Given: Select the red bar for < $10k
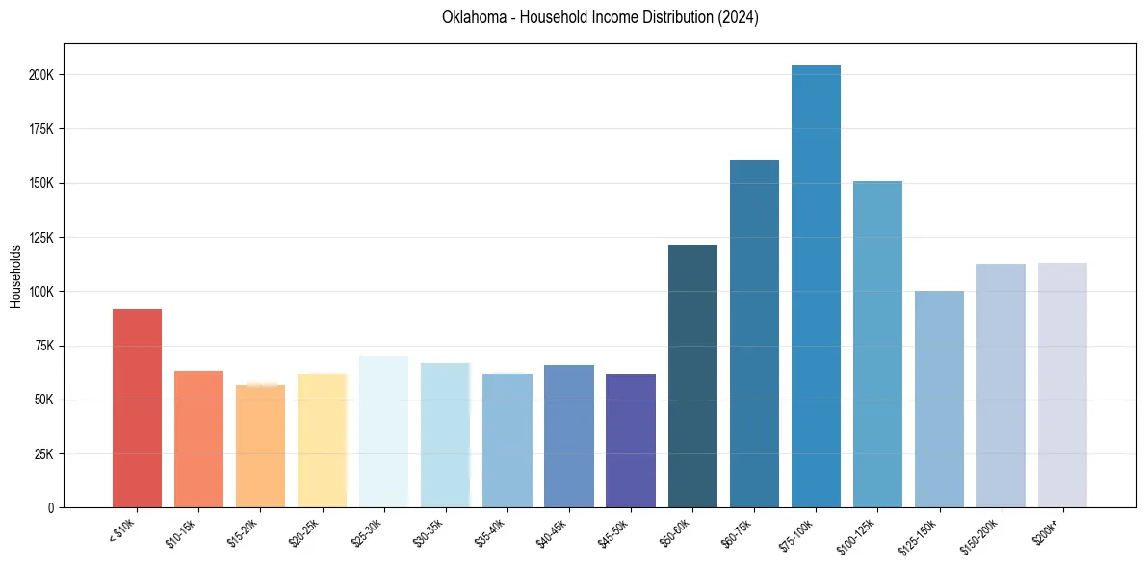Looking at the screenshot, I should pos(137,408).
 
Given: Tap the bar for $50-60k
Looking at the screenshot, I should pos(692,376).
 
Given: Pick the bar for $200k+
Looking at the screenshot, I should pos(1062,385).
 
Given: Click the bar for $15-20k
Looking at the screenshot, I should pos(260,446).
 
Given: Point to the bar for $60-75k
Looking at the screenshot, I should pos(754,333).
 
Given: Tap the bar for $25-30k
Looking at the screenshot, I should pos(383,432).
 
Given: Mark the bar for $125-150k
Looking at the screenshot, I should pos(939,399).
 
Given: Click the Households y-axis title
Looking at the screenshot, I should pos(16,276).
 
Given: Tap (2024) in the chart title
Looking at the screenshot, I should pos(737,17).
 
